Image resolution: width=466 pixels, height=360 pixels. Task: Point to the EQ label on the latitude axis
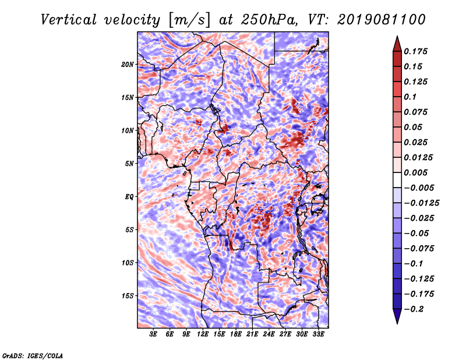coord(129,196)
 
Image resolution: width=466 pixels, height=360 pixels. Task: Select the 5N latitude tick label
coord(129,163)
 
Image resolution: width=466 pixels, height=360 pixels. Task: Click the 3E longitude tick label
coord(154,334)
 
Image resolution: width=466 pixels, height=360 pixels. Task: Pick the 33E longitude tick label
coord(319,334)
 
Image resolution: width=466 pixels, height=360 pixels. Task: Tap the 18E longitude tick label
coord(236,334)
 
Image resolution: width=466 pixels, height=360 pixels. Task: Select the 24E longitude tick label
coord(269,334)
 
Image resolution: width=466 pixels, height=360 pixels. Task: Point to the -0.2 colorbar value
coord(419,309)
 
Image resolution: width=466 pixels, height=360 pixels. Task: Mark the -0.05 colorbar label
coord(419,233)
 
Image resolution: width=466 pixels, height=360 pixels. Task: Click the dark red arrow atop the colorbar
coord(396,43)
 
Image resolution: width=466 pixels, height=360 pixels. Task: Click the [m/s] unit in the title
coord(189,20)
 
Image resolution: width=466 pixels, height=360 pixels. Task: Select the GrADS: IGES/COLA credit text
coord(33,355)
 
